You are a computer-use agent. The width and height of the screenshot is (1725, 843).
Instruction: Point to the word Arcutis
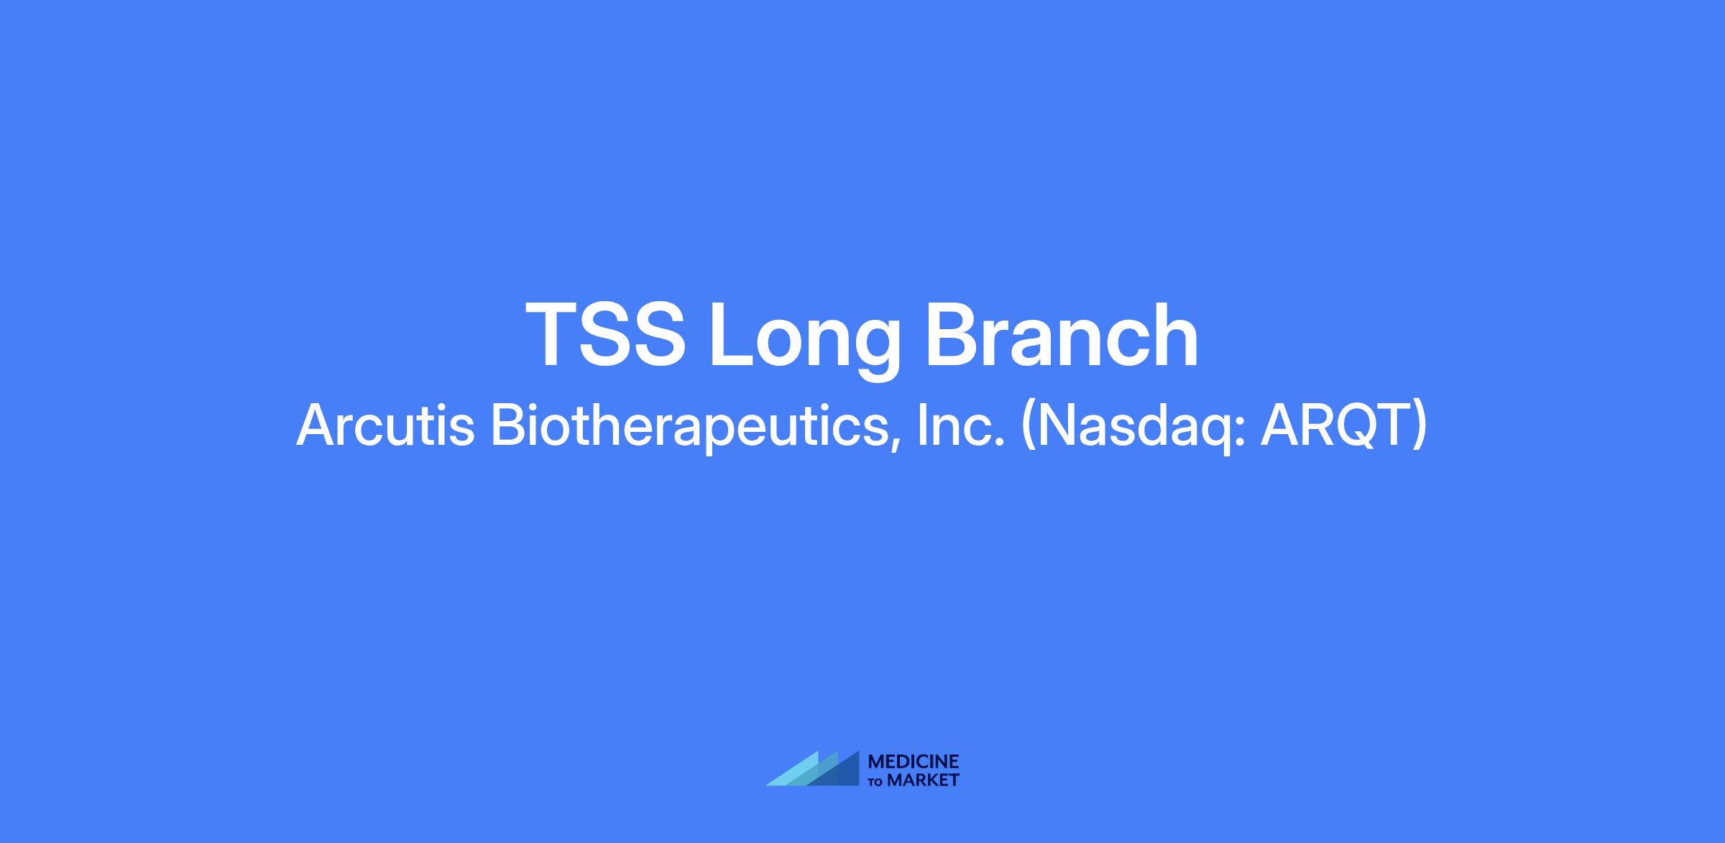pos(385,425)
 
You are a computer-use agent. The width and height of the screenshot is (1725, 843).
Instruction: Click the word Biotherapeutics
pos(687,427)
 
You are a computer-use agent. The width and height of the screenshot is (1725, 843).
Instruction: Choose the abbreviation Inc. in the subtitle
pos(960,425)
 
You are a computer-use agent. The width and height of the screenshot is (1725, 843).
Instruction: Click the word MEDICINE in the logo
pos(914,762)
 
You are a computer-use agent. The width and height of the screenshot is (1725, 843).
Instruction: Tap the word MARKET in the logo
pos(924,780)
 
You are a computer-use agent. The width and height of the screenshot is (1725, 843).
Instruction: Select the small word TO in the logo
pos(876,782)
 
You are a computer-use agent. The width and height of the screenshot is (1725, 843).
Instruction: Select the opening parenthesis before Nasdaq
pos(1029,428)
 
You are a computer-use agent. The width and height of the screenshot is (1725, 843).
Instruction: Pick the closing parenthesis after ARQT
pos(1420,428)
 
